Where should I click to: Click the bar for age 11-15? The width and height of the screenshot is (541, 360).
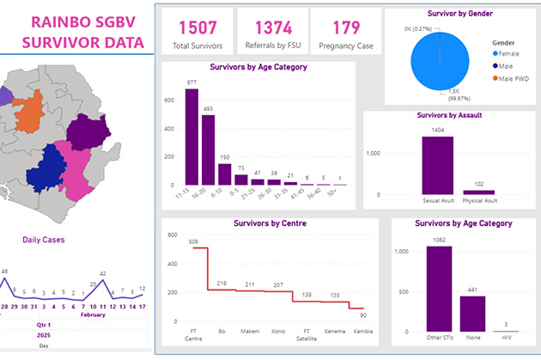point(191,137)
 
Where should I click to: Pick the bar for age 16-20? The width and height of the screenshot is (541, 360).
point(209,150)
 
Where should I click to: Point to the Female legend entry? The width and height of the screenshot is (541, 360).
point(512,53)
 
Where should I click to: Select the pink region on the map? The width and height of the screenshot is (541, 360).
point(77,168)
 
